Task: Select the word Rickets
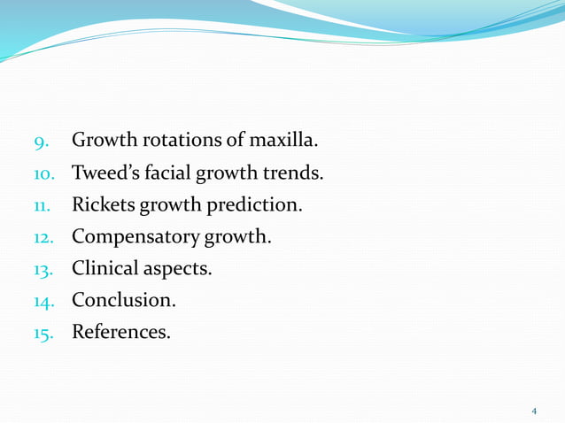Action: tap(102, 205)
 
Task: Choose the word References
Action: tap(121, 333)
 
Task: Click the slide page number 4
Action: tap(534, 411)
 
